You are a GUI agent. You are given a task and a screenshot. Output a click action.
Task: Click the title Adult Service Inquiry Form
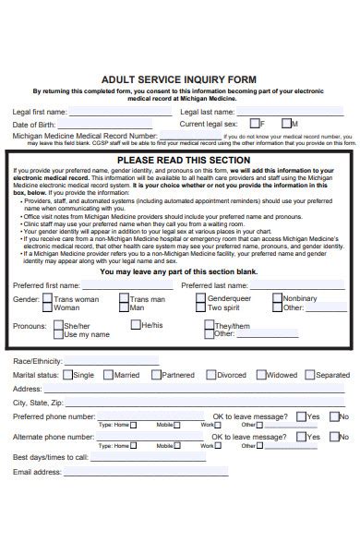tap(179, 80)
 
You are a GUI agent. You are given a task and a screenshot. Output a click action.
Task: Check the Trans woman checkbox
tap(47, 273)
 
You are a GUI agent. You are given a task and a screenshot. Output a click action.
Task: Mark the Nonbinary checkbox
tap(277, 273)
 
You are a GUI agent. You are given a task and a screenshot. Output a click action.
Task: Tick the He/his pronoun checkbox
tap(135, 299)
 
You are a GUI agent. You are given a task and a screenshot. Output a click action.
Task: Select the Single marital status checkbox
tap(67, 375)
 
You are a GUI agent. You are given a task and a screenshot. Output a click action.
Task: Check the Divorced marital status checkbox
tap(211, 375)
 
